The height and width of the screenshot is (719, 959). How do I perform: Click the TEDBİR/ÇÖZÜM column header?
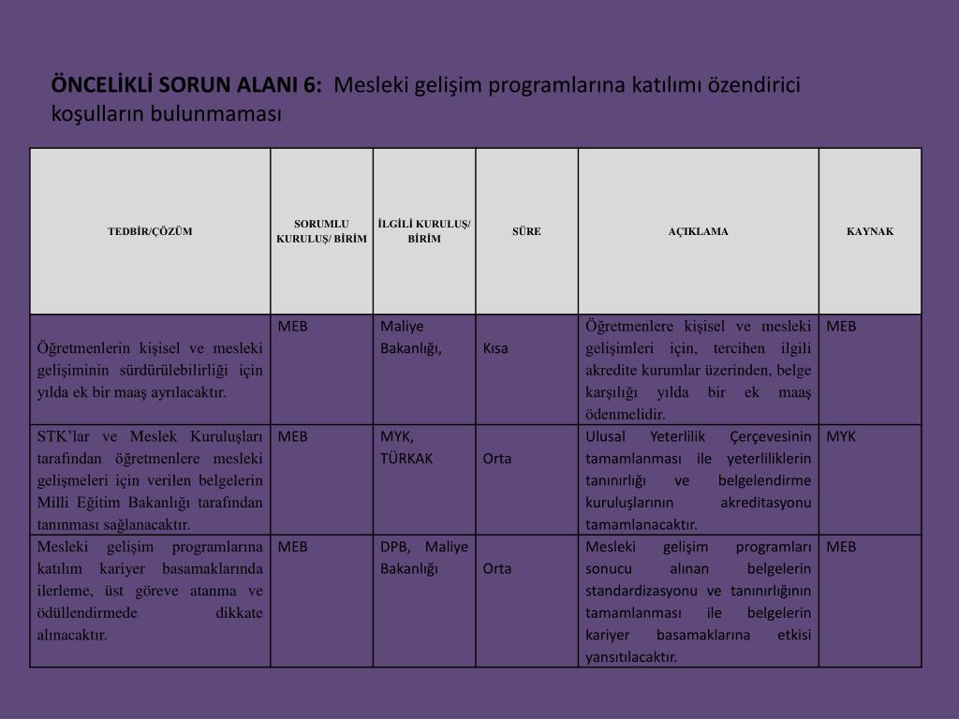[150, 231]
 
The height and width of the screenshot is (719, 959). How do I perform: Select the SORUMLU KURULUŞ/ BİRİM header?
[321, 231]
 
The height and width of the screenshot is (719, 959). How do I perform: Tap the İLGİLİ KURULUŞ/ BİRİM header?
[424, 231]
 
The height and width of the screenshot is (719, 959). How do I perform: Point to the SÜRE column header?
[526, 231]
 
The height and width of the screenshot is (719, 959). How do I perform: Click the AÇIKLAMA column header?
[698, 231]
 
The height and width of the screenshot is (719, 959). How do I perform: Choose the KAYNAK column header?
[870, 231]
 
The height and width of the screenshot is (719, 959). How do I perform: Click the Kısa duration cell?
[495, 348]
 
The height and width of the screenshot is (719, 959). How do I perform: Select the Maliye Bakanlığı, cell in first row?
[411, 337]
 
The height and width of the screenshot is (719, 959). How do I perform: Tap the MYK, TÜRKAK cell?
[406, 448]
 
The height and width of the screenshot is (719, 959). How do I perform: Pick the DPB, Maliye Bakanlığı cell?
[423, 557]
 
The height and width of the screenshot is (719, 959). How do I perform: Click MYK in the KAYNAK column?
[841, 436]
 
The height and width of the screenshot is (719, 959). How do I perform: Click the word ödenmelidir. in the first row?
[626, 414]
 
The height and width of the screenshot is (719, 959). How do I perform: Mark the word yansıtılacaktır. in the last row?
[631, 656]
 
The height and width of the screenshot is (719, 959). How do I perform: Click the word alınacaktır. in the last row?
[72, 635]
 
